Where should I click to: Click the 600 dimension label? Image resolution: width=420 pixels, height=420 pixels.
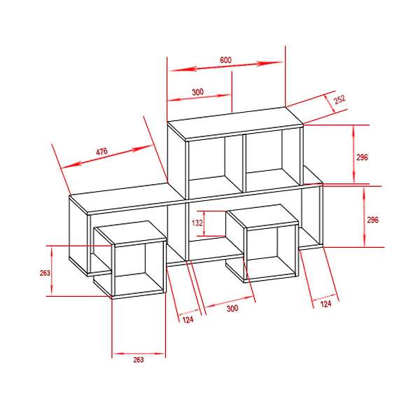(226, 59)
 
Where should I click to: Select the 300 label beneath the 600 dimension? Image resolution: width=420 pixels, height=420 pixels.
(197, 92)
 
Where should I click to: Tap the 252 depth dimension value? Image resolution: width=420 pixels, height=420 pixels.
(339, 99)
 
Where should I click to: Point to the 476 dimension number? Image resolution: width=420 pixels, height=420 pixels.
(101, 151)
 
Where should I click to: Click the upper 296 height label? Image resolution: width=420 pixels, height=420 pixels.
(362, 157)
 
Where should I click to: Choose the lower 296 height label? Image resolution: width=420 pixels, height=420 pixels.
(373, 220)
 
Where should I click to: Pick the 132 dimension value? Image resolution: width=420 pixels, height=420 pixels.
(197, 223)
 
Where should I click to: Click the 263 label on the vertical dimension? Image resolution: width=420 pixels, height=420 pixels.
(45, 273)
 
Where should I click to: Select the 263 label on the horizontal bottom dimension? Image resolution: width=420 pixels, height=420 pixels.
(139, 360)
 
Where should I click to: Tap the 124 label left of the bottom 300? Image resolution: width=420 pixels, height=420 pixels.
(188, 320)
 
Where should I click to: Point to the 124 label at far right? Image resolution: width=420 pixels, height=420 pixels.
(325, 304)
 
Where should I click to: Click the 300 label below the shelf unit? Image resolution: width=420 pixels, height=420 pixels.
(232, 308)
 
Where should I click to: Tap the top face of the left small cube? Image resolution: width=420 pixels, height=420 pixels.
(130, 232)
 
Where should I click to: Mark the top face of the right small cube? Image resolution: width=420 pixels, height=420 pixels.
(262, 216)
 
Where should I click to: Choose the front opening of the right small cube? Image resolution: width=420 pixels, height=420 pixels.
(271, 252)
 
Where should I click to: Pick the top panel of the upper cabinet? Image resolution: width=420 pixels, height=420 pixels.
(235, 123)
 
